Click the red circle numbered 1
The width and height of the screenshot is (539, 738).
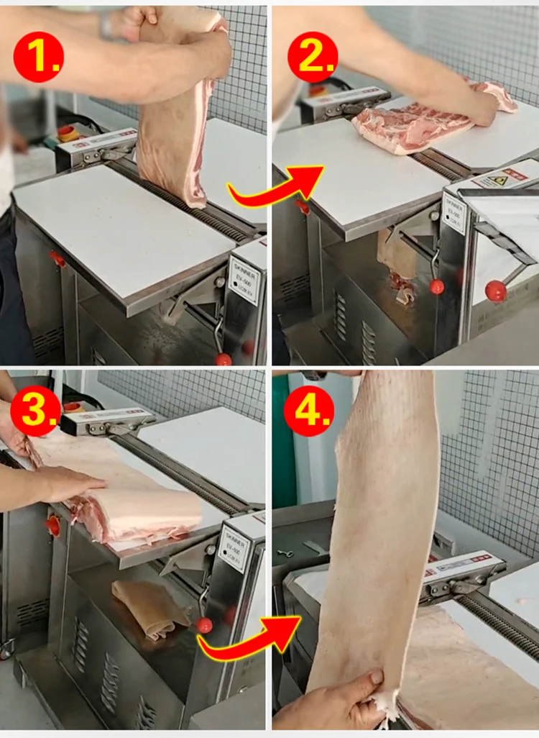click(x=38, y=57)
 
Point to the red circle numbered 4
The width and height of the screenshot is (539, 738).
click(x=309, y=413)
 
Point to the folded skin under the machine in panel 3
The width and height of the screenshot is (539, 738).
click(x=147, y=609)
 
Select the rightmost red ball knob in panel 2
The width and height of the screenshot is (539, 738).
click(x=495, y=291)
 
